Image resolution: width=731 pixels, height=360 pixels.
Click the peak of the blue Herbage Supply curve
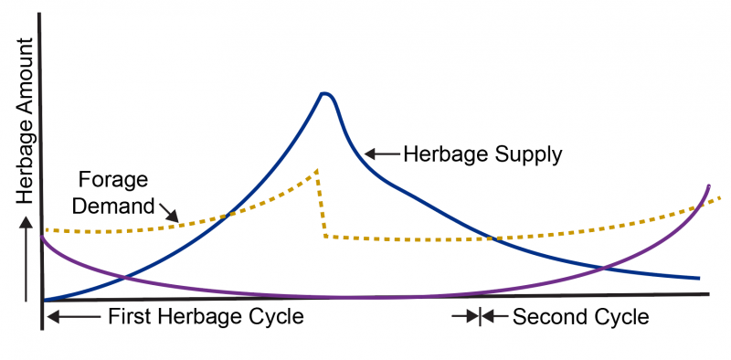click(x=323, y=93)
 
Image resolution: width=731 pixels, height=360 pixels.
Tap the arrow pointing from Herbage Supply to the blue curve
click(x=381, y=154)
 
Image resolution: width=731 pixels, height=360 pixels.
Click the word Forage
click(x=114, y=178)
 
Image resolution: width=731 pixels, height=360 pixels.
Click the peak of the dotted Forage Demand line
click(x=316, y=170)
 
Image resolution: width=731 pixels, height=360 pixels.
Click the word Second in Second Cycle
click(x=546, y=318)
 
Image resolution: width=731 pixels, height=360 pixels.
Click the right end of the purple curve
click(x=709, y=185)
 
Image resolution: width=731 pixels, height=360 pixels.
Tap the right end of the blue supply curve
click(x=699, y=277)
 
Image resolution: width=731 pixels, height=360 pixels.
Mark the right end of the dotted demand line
click(x=719, y=197)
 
